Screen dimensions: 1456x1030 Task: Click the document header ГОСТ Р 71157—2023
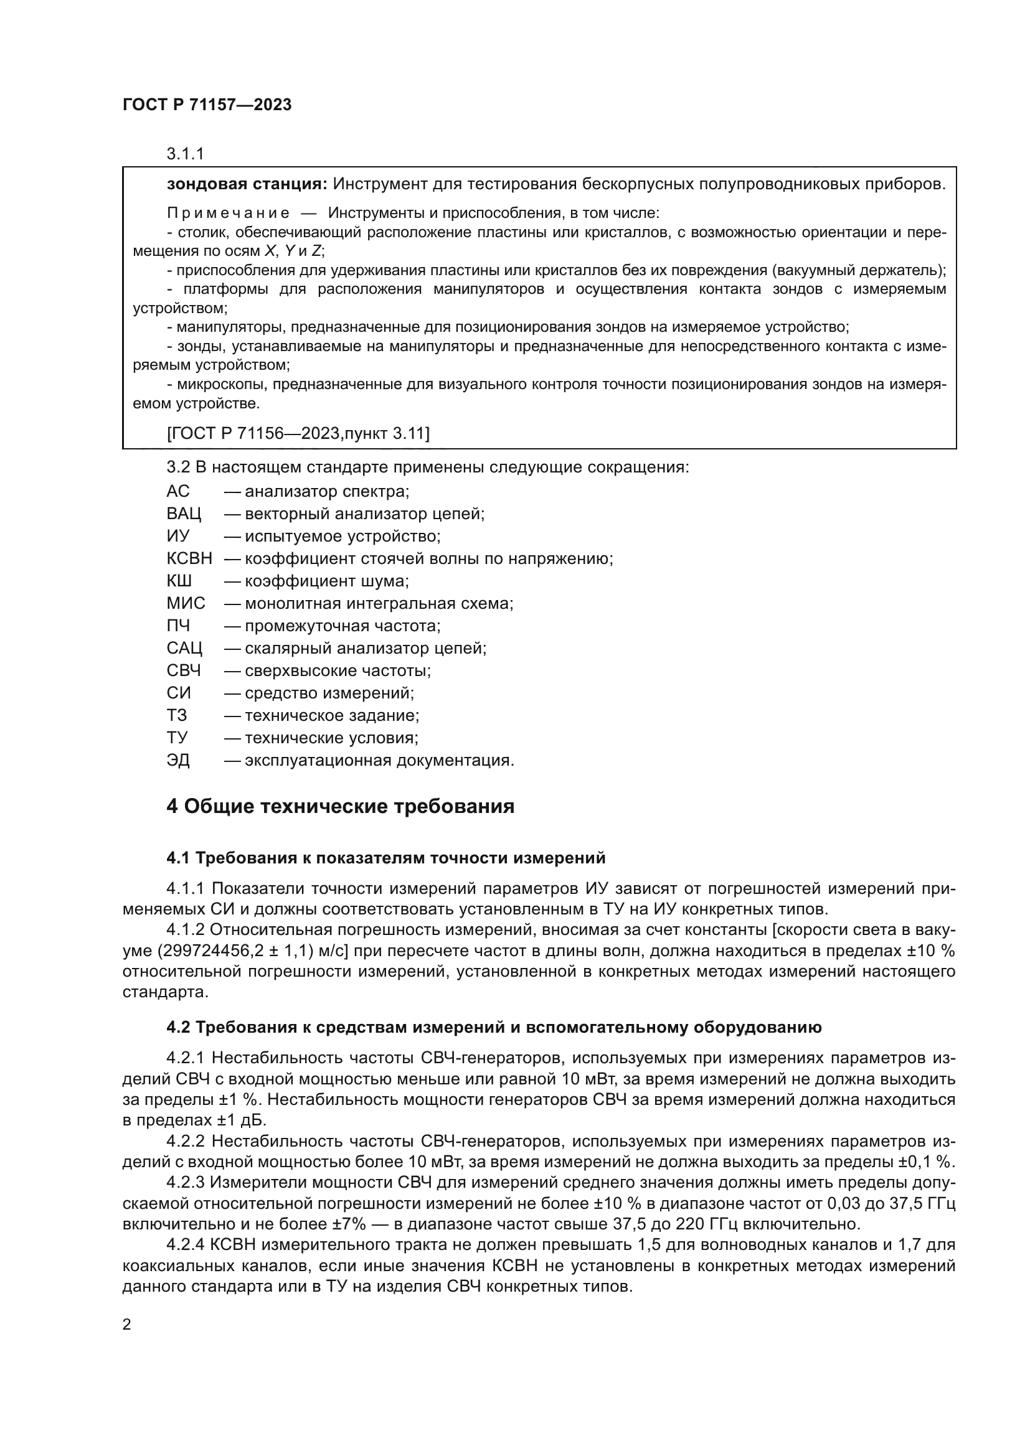click(207, 105)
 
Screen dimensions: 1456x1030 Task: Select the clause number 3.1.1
click(185, 154)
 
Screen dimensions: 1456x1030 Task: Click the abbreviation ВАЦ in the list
click(183, 514)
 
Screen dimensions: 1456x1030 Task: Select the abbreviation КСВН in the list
click(189, 558)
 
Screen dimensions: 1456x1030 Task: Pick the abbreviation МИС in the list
click(186, 603)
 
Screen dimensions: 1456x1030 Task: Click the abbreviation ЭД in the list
click(178, 759)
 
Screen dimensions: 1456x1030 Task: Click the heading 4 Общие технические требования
click(340, 807)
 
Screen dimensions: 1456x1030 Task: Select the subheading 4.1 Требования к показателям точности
click(385, 858)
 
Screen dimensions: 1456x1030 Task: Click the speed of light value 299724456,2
click(207, 951)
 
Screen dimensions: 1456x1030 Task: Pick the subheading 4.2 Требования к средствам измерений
click(493, 1027)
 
